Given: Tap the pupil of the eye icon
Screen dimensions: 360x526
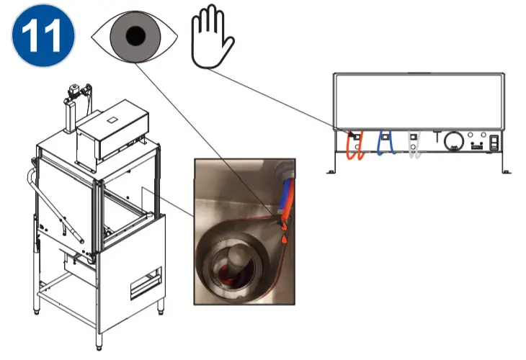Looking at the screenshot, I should (133, 36).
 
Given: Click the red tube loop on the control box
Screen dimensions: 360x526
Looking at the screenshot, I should (353, 145).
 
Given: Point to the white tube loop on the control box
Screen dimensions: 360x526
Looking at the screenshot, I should (414, 145).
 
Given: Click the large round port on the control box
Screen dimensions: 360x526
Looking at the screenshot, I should (452, 140).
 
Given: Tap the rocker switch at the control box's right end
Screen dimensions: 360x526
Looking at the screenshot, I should (495, 143).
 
